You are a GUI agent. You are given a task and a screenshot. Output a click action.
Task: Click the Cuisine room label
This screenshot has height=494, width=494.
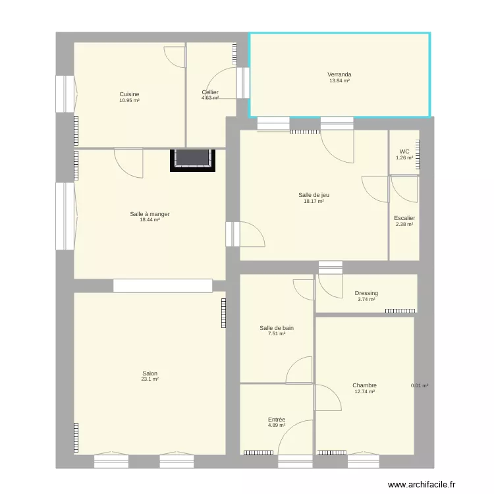pos(129,94)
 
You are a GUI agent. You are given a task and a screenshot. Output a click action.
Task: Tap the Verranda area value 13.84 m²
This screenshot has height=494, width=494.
pos(339,81)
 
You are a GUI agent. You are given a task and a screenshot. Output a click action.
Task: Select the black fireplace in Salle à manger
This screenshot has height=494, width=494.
pos(193,159)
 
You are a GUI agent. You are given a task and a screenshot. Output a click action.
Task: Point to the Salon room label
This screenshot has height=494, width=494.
pos(150,373)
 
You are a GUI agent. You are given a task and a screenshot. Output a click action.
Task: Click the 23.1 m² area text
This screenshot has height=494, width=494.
pos(150,380)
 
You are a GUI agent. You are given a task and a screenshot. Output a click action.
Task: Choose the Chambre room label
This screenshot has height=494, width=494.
pos(364,385)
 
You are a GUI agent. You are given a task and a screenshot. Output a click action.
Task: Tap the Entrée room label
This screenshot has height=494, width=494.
pos(277,419)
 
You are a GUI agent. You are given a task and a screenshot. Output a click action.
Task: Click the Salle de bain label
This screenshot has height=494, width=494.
pos(277,327)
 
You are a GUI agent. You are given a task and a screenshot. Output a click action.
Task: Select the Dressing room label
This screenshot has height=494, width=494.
pos(366,293)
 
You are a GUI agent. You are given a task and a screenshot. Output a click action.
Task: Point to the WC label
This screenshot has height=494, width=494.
pos(404,151)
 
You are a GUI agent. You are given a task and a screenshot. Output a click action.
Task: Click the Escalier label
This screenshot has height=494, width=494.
pos(404,218)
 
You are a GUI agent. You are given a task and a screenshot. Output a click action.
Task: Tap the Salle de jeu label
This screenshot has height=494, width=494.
pos(314,194)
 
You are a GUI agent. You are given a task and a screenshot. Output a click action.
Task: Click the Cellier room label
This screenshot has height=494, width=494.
pos(210,92)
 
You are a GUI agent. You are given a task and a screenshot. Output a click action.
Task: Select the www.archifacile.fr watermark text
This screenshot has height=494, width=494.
pos(422,485)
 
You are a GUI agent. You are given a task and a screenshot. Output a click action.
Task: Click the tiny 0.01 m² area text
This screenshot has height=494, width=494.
pos(420,386)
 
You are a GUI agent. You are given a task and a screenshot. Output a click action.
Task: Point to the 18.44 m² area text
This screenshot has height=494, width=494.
pos(150,220)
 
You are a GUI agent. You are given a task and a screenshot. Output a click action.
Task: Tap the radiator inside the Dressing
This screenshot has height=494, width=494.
pos(400,310)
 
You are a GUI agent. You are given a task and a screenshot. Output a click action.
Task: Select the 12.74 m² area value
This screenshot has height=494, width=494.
pos(364,392)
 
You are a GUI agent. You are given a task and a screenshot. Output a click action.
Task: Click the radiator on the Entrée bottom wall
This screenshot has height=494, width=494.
pos(258,453)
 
